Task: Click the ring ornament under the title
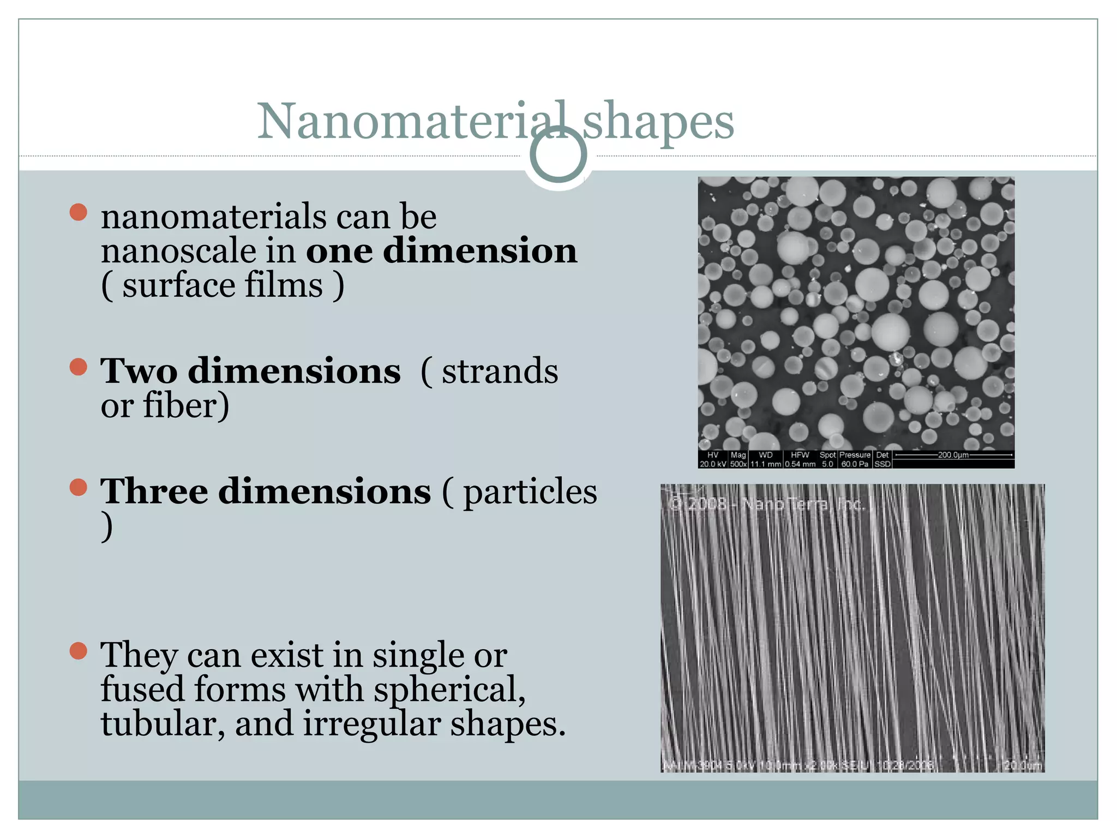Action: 558,155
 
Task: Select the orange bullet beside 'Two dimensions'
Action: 79,367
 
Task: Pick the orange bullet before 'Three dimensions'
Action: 79,487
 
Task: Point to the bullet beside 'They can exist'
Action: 79,651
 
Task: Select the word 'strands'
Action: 500,372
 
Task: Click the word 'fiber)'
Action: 186,406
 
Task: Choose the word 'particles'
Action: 530,492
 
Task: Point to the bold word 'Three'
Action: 154,492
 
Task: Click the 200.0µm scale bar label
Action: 953,455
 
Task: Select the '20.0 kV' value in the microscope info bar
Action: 712,464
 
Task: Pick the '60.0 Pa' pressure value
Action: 855,464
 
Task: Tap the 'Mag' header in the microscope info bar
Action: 738,455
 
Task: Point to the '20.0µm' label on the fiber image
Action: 1023,765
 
